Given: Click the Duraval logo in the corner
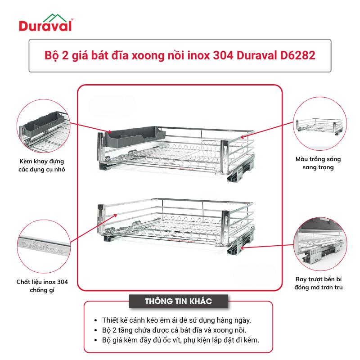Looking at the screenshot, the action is [46, 22].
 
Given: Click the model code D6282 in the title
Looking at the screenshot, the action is [297, 55].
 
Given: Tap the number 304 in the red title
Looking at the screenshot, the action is [223, 55].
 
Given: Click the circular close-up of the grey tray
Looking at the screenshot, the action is [43, 126].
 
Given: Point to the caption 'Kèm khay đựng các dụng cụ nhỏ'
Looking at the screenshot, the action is [42, 165].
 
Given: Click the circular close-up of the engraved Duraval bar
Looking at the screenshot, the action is [44, 246].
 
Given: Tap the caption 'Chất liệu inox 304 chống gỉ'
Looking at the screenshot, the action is [42, 286].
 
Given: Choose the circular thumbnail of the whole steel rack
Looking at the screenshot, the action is [320, 123].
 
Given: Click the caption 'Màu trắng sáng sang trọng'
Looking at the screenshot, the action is [318, 163].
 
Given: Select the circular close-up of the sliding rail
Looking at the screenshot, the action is [320, 244].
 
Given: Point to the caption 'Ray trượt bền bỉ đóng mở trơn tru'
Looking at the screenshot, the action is [319, 283].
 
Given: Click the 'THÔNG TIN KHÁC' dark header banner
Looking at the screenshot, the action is [179, 301].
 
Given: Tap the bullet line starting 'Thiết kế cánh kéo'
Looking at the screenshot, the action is [176, 320].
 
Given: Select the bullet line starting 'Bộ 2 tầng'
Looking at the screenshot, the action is [174, 330].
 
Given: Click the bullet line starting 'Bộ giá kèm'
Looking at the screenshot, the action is [180, 340].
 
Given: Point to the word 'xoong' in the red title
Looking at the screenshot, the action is [147, 55].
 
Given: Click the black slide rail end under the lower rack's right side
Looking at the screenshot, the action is [234, 249].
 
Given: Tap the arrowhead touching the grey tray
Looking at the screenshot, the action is [109, 132].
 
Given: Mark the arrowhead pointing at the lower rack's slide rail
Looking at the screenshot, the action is [243, 247].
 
